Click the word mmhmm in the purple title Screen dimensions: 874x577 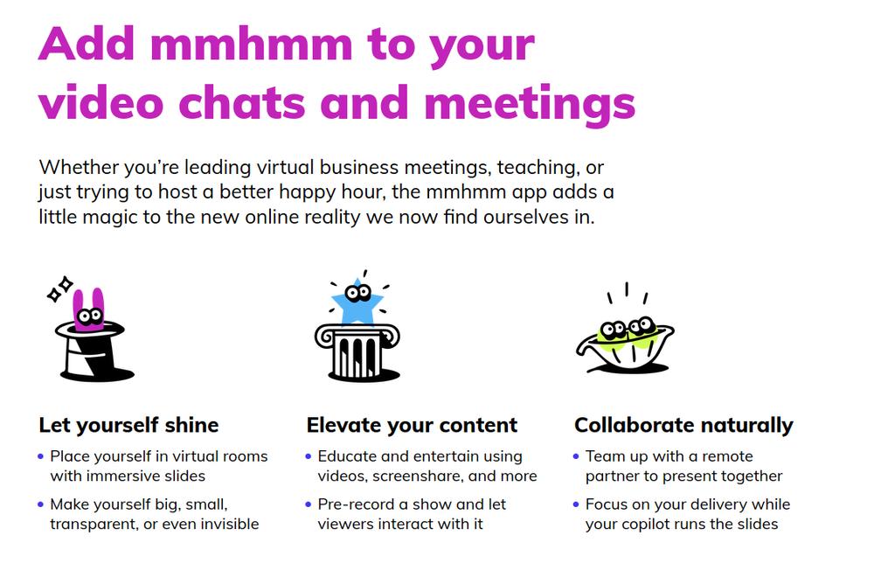coord(252,45)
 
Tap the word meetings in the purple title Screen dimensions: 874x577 coord(530,106)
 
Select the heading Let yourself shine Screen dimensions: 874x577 coord(128,426)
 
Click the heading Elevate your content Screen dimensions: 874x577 coord(412,426)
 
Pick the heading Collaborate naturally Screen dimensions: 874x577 coord(683,426)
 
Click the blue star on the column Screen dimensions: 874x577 coord(357,304)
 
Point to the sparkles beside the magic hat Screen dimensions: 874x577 coord(59,288)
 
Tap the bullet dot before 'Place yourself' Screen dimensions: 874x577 coord(41,456)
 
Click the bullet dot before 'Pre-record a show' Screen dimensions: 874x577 coord(309,504)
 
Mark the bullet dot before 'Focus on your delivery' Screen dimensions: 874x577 coord(576,504)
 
